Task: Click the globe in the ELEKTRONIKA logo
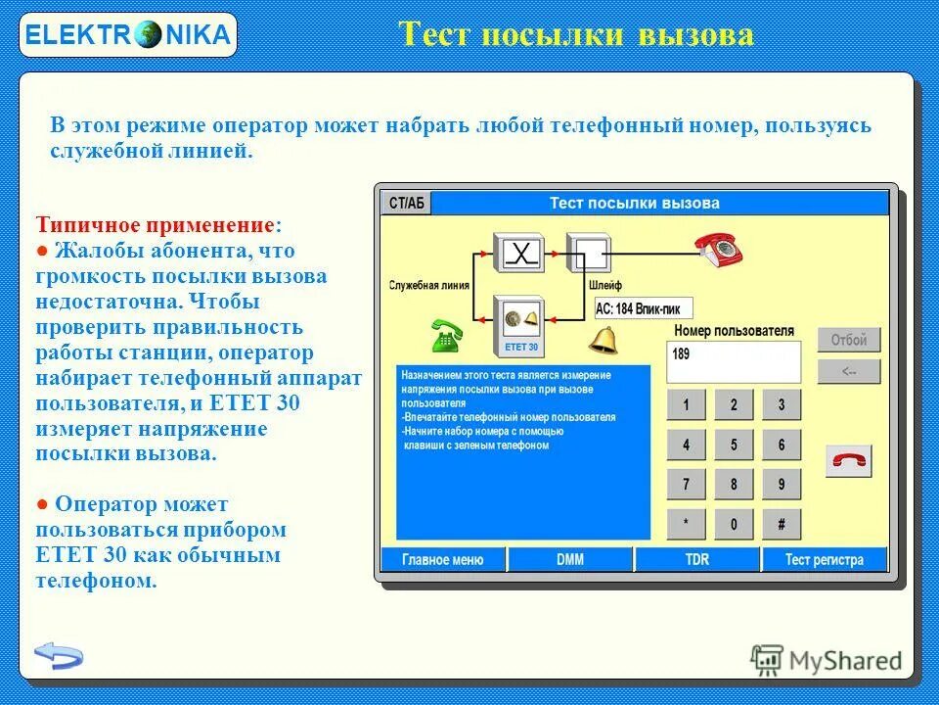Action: tap(149, 36)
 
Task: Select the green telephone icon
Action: tap(447, 336)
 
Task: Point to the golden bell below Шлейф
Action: tap(604, 339)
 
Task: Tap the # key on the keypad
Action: tap(782, 524)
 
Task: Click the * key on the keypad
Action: tap(686, 524)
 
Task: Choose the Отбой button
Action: tap(849, 340)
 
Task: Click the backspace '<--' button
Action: tap(849, 371)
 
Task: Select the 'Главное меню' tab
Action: tap(443, 560)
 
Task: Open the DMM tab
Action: tap(570, 560)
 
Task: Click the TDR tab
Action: tap(696, 560)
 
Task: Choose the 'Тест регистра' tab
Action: tap(825, 560)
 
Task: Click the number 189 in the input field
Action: tap(681, 354)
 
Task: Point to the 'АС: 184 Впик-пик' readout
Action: tap(643, 308)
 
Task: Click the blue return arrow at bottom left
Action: tap(59, 654)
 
